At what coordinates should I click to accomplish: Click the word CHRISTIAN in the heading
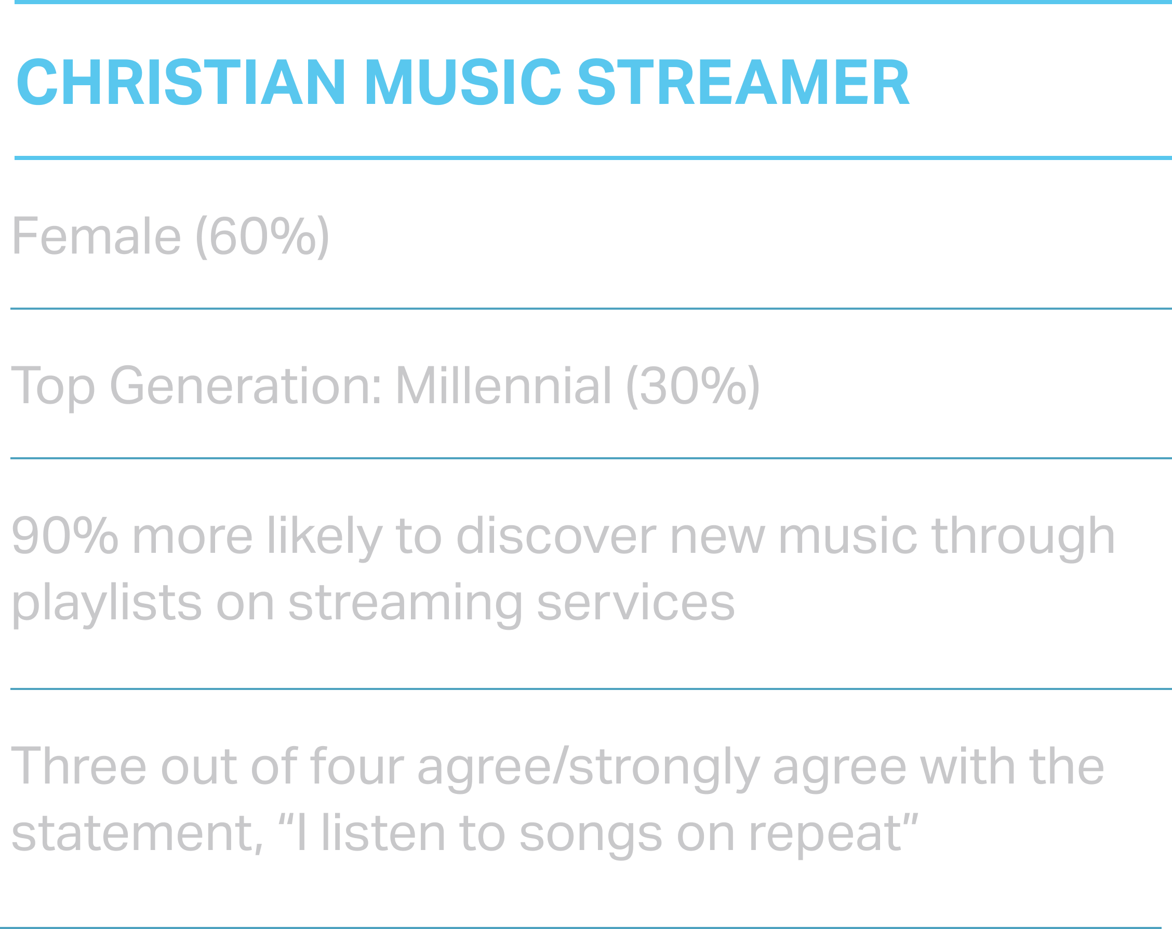click(x=181, y=82)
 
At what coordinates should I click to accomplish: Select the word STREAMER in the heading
click(x=743, y=82)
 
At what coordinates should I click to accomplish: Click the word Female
click(x=96, y=236)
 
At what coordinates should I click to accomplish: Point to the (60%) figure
click(x=262, y=237)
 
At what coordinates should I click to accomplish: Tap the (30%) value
click(x=693, y=387)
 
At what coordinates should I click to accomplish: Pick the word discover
click(x=556, y=536)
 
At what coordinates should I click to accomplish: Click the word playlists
click(x=107, y=604)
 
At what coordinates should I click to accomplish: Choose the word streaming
click(x=406, y=604)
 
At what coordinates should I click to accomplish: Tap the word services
click(x=636, y=603)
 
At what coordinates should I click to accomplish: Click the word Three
click(x=79, y=766)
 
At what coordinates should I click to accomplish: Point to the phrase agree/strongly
click(x=588, y=768)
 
